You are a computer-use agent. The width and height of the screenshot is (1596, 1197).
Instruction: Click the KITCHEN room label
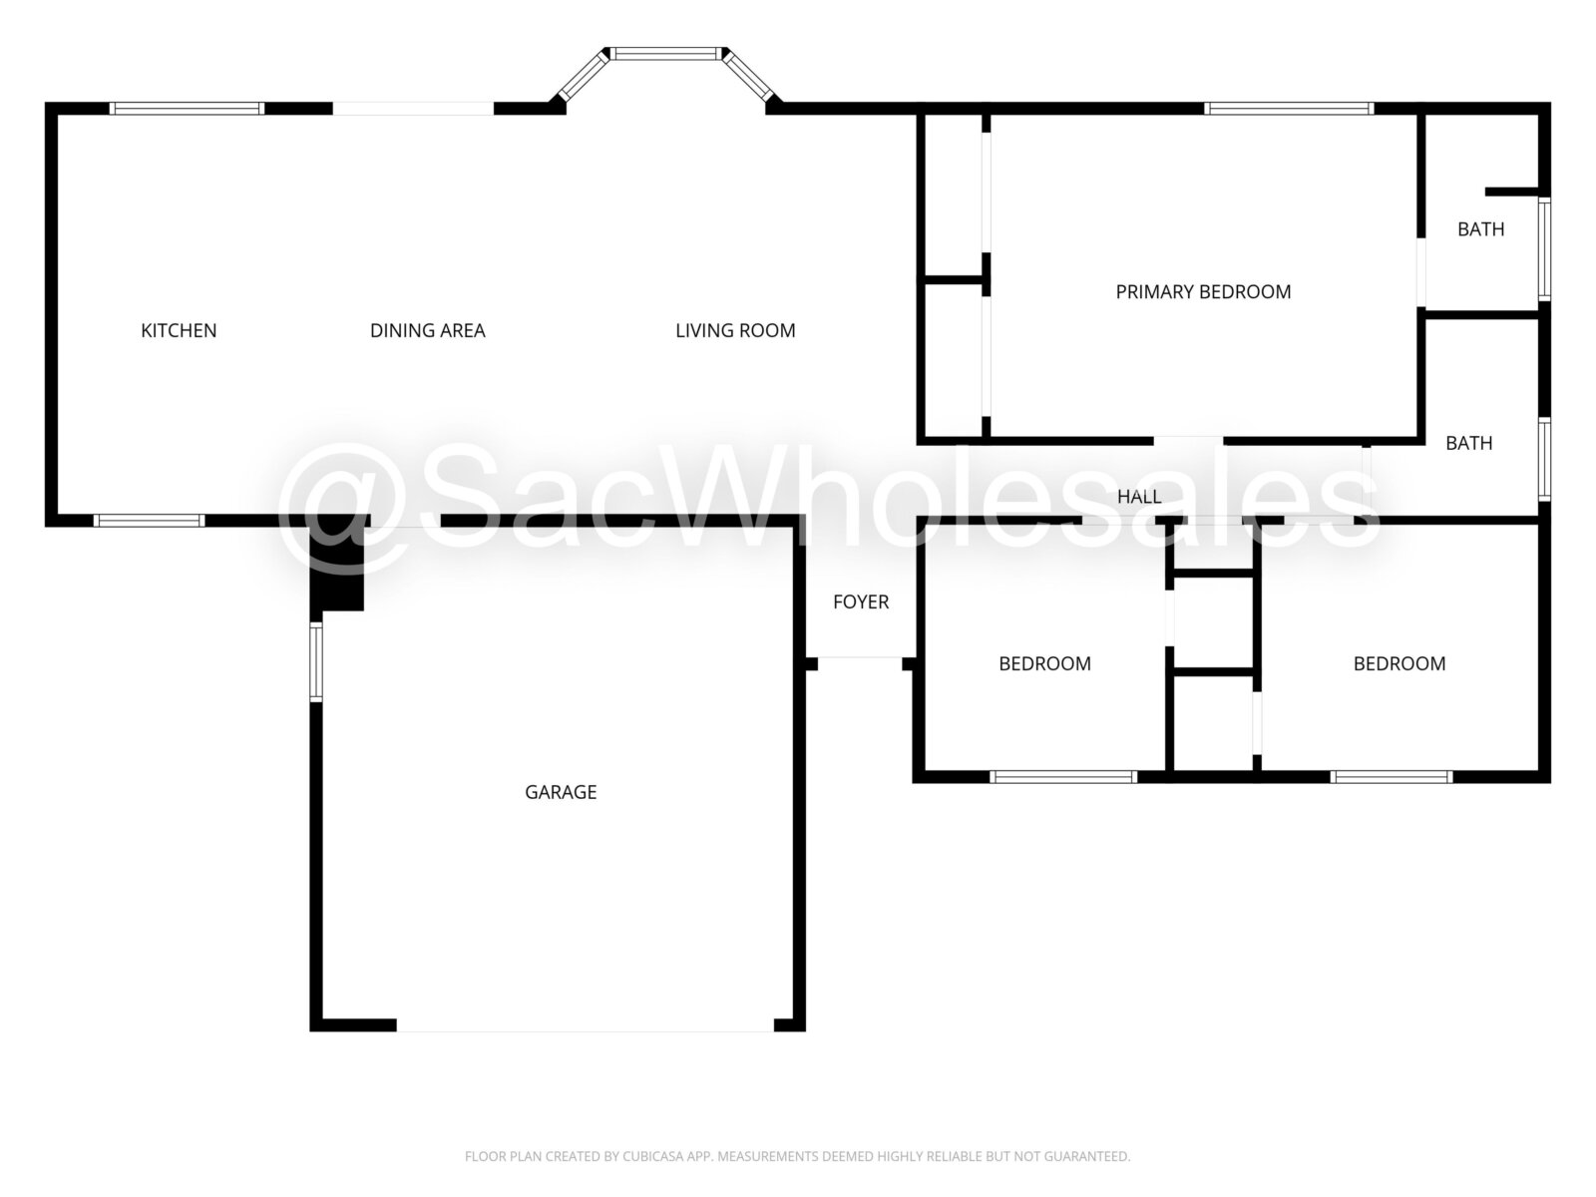pyautogui.click(x=179, y=331)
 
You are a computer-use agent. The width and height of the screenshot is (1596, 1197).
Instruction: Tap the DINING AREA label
pyautogui.click(x=428, y=331)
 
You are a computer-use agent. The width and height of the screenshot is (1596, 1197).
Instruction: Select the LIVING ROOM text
pyautogui.click(x=735, y=331)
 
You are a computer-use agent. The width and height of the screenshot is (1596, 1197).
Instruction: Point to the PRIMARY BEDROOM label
pyautogui.click(x=1203, y=292)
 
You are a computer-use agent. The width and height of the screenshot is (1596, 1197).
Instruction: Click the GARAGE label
pyautogui.click(x=561, y=792)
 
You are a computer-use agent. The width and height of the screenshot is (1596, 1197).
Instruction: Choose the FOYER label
pyautogui.click(x=861, y=601)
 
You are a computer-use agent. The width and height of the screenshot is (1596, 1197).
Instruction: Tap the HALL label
pyautogui.click(x=1139, y=497)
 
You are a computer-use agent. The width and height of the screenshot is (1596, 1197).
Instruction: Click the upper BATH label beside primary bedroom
pyautogui.click(x=1481, y=229)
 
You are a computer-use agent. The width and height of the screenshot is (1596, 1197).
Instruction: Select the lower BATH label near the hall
pyautogui.click(x=1468, y=443)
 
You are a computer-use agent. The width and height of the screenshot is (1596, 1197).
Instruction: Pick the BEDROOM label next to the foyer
pyautogui.click(x=1044, y=663)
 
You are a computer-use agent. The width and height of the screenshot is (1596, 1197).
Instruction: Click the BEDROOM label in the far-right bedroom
pyautogui.click(x=1398, y=663)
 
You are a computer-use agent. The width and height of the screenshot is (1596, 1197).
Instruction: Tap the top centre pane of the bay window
pyautogui.click(x=666, y=54)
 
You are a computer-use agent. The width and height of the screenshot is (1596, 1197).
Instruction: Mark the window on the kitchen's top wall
pyautogui.click(x=187, y=109)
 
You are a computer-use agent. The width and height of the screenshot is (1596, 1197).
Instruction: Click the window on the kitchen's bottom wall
pyautogui.click(x=149, y=521)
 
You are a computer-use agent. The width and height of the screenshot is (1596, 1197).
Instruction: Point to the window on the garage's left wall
pyautogui.click(x=316, y=662)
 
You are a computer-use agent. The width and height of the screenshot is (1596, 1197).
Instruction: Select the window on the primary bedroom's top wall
pyautogui.click(x=1289, y=109)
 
